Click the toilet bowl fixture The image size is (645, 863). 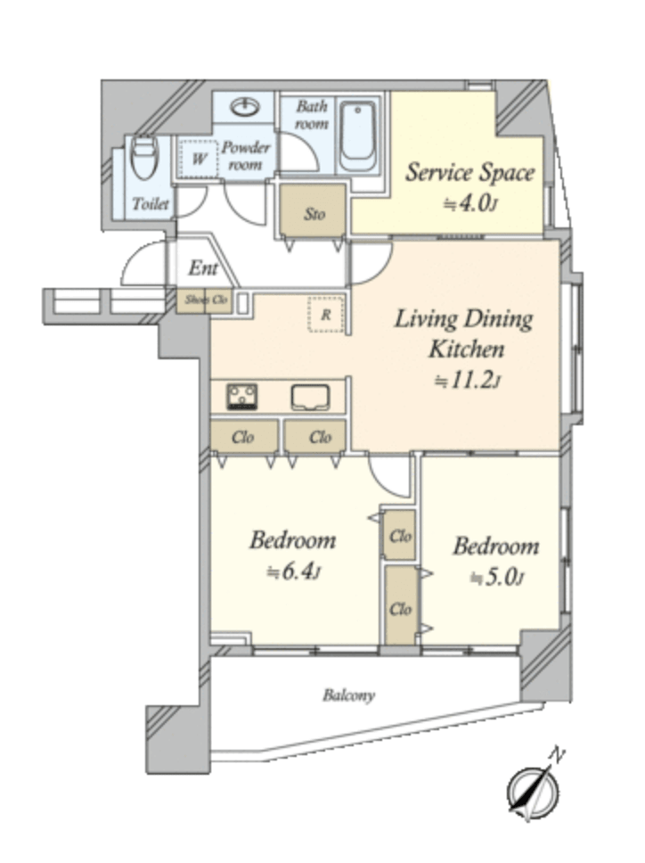point(145,158)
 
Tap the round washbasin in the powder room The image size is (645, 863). point(245,107)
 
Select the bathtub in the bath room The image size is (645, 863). point(357,136)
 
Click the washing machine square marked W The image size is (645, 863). point(198,158)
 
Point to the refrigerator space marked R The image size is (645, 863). point(326,315)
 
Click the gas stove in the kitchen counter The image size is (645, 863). point(242,397)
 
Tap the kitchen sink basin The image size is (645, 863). point(311,398)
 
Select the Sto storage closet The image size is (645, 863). point(314,212)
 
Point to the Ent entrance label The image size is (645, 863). point(203,268)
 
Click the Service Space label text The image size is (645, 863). point(470,173)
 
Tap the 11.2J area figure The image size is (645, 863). point(468,381)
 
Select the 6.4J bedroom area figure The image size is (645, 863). point(292,572)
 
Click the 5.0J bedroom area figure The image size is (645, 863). point(496,578)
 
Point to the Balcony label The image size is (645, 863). point(348,695)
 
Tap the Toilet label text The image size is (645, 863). point(151,204)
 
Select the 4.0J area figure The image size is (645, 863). point(470,204)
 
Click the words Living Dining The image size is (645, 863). point(463,320)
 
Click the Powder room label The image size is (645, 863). point(245,156)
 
